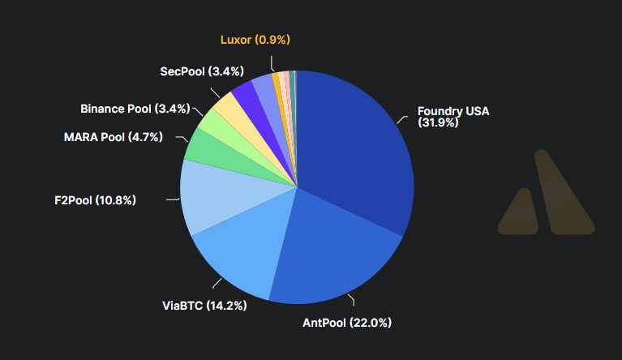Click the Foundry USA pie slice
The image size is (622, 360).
(x=357, y=154)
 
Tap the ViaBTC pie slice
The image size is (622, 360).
(x=239, y=251)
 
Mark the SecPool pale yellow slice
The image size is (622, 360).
(x=228, y=105)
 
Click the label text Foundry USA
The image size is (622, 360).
(x=453, y=111)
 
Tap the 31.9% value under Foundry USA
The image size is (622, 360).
(x=438, y=123)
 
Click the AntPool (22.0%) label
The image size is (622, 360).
(x=346, y=323)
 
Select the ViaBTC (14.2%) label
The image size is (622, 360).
(x=204, y=306)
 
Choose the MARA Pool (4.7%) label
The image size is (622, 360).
(x=114, y=137)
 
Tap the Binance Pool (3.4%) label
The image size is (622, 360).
(x=135, y=108)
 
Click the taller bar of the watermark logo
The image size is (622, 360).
(x=563, y=195)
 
